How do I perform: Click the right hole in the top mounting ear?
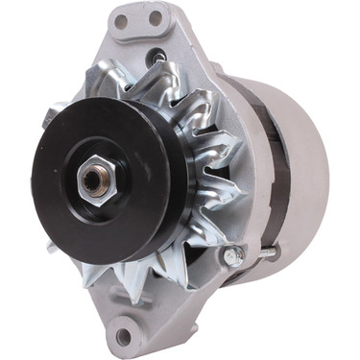click(x=154, y=18)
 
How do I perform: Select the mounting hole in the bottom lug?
click(x=123, y=336)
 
